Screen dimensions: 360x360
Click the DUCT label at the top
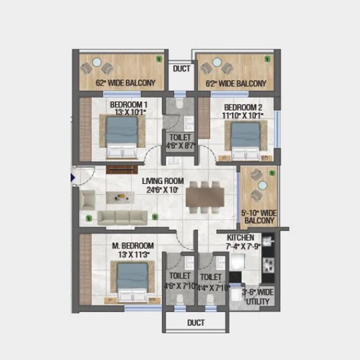182,69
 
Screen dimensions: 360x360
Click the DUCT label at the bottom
195,323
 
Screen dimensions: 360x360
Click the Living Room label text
163,185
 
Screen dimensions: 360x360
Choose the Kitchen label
241,242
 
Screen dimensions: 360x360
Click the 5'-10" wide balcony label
259,216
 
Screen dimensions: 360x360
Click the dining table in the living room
205,197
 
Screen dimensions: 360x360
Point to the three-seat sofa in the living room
122,217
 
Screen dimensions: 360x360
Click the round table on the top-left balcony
95,63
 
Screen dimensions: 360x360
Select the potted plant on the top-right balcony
268,58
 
